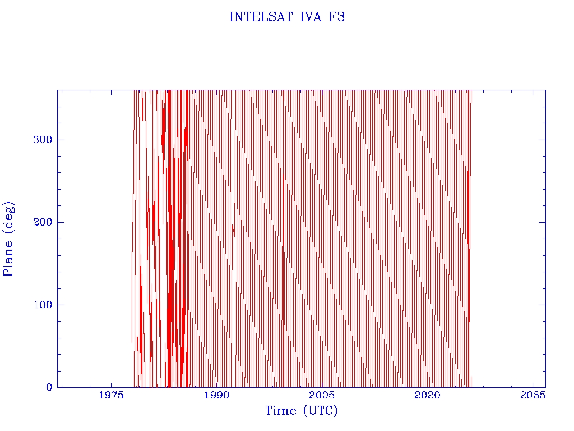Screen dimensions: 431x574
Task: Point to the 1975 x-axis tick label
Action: point(111,395)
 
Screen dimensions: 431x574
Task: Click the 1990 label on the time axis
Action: point(216,395)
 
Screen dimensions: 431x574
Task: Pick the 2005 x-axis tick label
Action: point(322,395)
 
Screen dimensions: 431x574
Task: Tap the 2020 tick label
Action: point(428,395)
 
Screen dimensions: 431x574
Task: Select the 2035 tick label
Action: point(533,395)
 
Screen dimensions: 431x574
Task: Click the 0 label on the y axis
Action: point(49,387)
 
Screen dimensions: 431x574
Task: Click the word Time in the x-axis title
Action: point(281,411)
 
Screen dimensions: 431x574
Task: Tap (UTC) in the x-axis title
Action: point(320,411)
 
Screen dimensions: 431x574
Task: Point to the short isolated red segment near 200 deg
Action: point(233,230)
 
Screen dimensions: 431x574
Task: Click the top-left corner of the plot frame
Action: point(58,90)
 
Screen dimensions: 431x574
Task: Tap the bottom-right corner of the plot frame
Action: point(545,387)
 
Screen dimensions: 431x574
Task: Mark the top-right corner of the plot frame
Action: point(545,90)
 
